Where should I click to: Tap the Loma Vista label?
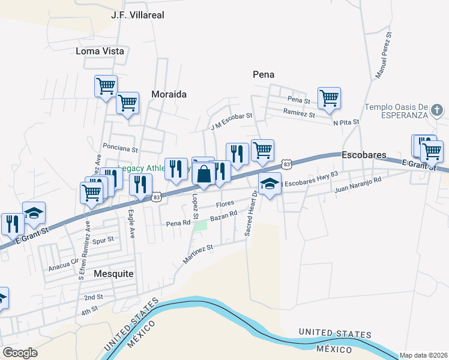[x=100, y=51]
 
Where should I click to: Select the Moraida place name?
[x=169, y=94]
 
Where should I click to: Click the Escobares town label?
[x=364, y=155]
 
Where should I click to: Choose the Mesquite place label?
[x=113, y=273]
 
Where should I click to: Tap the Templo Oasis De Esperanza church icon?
[x=438, y=110]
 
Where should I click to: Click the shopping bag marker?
[x=203, y=175]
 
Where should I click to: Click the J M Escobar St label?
[x=232, y=121]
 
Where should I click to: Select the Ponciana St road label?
[x=121, y=148]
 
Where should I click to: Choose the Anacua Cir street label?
[x=63, y=260]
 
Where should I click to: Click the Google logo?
[x=20, y=353]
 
